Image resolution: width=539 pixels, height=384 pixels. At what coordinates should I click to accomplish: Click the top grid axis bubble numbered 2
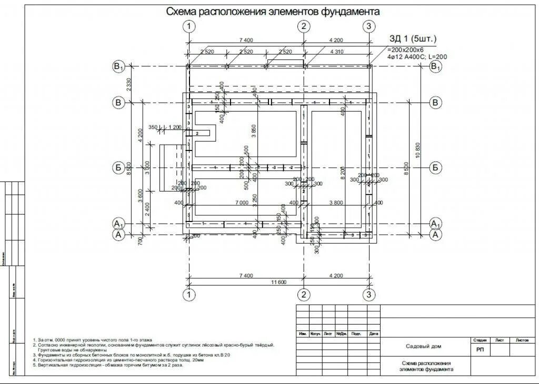(303, 26)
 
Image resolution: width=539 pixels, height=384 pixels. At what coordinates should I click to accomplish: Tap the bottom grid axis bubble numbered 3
(369, 295)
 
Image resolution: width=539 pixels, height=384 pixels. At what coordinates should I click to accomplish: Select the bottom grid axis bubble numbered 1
(190, 295)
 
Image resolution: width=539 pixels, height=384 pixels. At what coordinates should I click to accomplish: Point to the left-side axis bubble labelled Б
(119, 168)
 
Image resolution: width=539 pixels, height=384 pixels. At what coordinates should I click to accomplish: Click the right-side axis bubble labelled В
(435, 103)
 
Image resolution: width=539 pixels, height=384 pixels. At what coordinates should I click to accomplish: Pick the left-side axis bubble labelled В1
(118, 67)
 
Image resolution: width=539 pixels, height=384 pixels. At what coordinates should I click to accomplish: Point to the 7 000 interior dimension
(242, 203)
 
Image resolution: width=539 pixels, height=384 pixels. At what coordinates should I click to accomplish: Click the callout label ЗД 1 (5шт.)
(413, 38)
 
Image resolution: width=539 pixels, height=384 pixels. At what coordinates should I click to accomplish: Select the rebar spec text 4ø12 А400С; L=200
(417, 56)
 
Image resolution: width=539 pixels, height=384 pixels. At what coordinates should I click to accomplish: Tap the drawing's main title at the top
(273, 12)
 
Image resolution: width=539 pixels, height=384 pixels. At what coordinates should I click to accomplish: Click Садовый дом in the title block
(424, 346)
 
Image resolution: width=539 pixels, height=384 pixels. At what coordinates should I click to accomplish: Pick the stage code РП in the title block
(481, 349)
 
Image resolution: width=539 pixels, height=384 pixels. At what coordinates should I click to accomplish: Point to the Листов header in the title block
(522, 340)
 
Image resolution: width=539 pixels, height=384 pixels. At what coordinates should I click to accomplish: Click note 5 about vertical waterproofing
(108, 365)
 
